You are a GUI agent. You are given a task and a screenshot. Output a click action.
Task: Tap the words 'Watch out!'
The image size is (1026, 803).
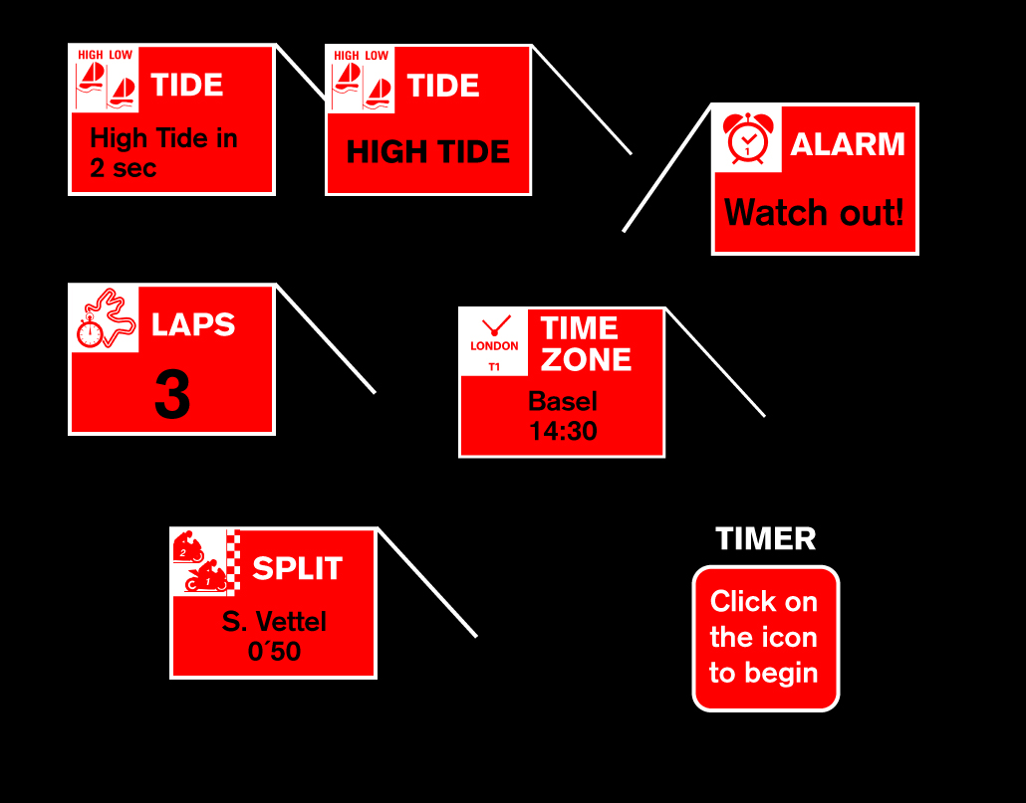click(814, 212)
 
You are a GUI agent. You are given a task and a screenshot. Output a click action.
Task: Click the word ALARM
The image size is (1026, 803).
click(847, 144)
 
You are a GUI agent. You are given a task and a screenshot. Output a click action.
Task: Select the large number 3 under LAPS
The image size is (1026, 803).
click(172, 396)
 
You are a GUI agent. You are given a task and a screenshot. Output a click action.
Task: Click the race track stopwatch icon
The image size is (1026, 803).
click(105, 318)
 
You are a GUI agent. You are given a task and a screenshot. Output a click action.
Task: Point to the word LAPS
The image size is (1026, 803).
click(193, 324)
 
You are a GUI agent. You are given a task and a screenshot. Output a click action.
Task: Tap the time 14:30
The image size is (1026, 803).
click(563, 431)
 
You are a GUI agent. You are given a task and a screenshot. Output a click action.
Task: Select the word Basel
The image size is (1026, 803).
click(563, 402)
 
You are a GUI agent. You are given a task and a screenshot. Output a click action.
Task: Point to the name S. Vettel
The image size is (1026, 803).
click(274, 622)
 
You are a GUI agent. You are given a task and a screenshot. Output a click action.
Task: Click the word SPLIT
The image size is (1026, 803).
click(297, 568)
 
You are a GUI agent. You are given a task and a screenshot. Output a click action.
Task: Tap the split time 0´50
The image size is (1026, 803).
click(274, 652)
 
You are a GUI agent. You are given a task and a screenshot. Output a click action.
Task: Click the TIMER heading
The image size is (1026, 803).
click(765, 539)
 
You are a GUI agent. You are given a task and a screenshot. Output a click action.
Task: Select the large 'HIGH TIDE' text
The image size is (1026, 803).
click(428, 152)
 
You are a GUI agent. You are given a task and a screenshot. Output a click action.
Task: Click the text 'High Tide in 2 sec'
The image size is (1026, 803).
click(163, 152)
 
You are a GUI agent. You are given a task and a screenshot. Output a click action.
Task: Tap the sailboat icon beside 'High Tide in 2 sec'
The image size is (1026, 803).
click(107, 79)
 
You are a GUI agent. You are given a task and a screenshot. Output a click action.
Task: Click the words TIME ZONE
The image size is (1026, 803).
click(586, 343)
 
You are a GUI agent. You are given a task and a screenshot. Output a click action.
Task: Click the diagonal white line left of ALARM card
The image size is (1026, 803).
click(666, 168)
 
